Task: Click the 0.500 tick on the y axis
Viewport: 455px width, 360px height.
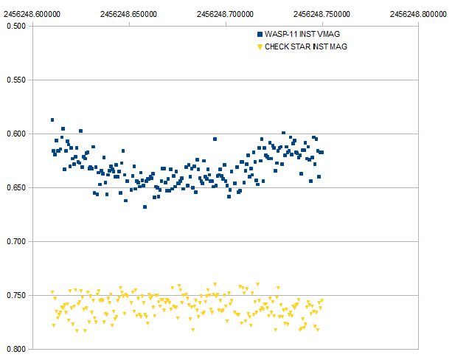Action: [x=15, y=26]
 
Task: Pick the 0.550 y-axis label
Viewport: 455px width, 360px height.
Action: [x=15, y=80]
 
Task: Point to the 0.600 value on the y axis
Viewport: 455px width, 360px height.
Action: [x=15, y=134]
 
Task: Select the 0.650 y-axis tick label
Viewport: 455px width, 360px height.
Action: [x=15, y=187]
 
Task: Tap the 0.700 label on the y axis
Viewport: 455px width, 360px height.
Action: [x=15, y=241]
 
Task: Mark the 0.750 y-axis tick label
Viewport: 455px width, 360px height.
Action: [x=15, y=295]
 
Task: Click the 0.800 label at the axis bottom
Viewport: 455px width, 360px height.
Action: [x=15, y=349]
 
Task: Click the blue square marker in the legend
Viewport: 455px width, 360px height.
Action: [x=259, y=35]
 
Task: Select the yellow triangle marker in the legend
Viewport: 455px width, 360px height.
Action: [x=259, y=46]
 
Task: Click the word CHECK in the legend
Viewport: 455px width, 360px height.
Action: [x=278, y=46]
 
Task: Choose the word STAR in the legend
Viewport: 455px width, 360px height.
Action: [x=304, y=46]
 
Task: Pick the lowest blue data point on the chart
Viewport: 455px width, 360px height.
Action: [x=145, y=207]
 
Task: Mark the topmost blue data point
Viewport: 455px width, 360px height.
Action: [x=52, y=120]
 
